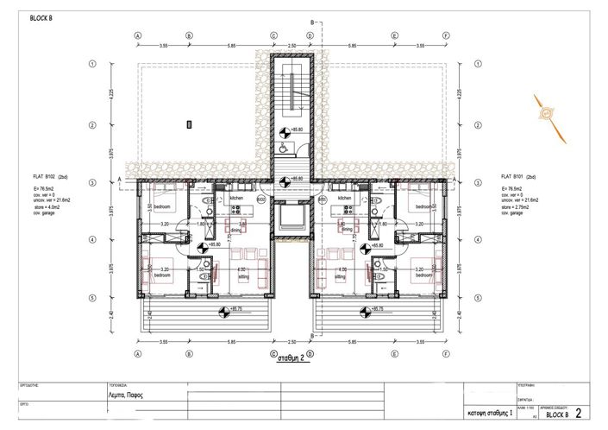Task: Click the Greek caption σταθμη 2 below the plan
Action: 291,363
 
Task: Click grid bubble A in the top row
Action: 138,36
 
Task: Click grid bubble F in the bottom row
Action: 446,352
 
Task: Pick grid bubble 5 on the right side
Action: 479,297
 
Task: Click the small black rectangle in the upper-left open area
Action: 189,124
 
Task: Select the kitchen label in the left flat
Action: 236,199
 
